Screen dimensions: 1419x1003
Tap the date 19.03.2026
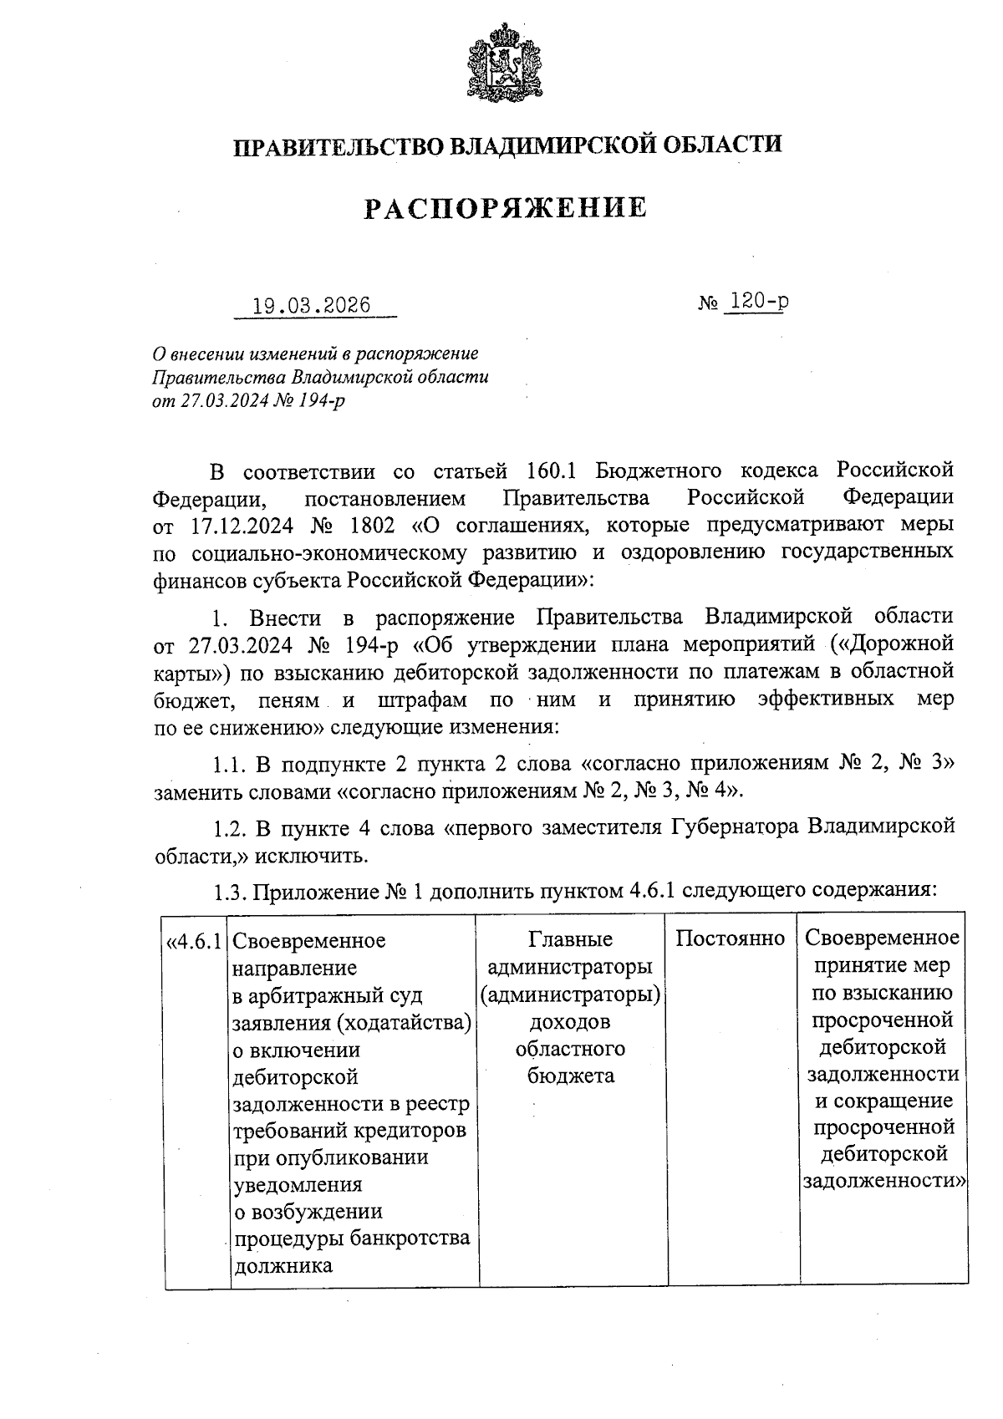312,305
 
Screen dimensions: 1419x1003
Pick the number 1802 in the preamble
361,526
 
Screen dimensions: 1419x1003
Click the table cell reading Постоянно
730,938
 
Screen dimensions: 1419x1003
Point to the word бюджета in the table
571,1076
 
